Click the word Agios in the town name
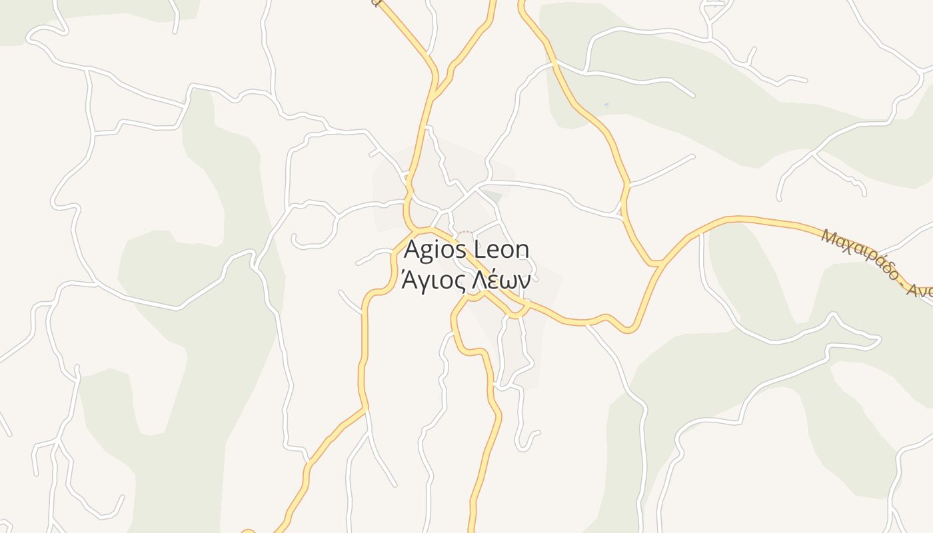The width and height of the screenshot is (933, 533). [x=436, y=251]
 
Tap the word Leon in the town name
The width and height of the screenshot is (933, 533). [x=501, y=251]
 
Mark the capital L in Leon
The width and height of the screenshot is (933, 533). [x=478, y=251]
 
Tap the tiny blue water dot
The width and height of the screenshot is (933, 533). [x=606, y=105]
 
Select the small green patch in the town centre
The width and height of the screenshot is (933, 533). [x=492, y=196]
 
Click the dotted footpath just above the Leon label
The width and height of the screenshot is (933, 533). [x=465, y=233]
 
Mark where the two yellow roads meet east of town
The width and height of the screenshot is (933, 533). [x=658, y=264]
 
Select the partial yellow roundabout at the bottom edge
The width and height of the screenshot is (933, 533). [x=248, y=531]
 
